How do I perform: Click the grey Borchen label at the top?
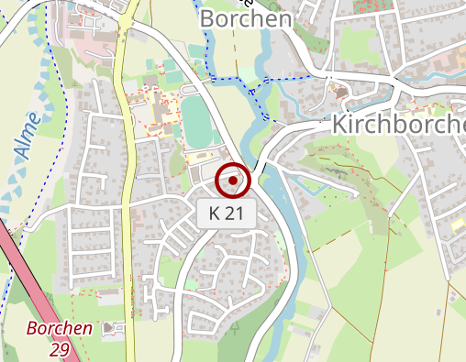tap(245, 18)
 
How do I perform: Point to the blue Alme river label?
tap(28, 136)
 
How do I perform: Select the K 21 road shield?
tap(226, 214)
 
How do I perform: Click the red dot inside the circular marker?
tap(233, 181)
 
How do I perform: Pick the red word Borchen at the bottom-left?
tap(60, 328)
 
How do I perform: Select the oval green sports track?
tap(194, 118)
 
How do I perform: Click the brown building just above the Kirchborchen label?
tap(341, 93)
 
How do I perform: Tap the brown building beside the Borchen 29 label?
tap(112, 328)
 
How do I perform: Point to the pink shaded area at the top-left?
tap(96, 46)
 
